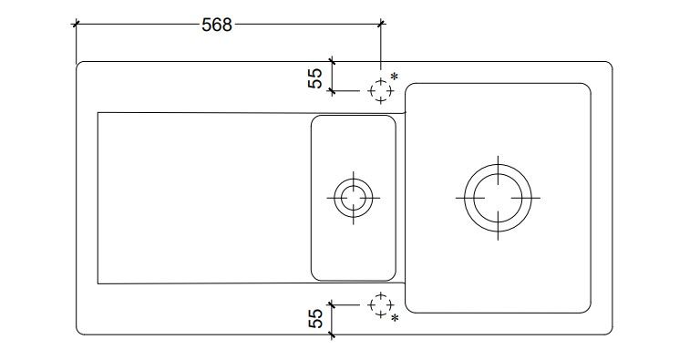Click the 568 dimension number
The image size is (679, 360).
click(217, 25)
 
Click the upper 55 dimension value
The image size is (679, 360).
click(315, 78)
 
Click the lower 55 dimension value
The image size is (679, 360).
click(315, 317)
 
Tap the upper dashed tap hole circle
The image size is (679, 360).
click(381, 81)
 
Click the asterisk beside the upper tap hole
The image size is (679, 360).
click(394, 77)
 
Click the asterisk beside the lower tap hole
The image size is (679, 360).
click(395, 318)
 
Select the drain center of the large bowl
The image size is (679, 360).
click(498, 198)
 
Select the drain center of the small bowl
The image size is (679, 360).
click(354, 198)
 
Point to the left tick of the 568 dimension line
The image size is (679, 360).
click(77, 24)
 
